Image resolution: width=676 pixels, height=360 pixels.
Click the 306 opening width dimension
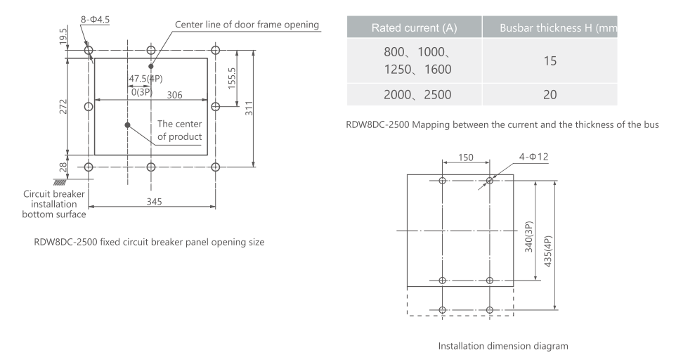[x=176, y=95]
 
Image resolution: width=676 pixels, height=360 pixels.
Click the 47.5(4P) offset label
[x=145, y=78]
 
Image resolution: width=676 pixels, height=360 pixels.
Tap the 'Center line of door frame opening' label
[x=247, y=25]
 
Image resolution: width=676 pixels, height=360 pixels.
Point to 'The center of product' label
[x=179, y=130]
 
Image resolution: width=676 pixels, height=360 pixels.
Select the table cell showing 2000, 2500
[x=417, y=95]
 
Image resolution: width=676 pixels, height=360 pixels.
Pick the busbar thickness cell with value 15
[x=550, y=61]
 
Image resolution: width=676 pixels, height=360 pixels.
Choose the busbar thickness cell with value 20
[x=550, y=95]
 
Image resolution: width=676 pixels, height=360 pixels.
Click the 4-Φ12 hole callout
[x=533, y=156]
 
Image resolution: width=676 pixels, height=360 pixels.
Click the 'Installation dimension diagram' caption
[x=502, y=346]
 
